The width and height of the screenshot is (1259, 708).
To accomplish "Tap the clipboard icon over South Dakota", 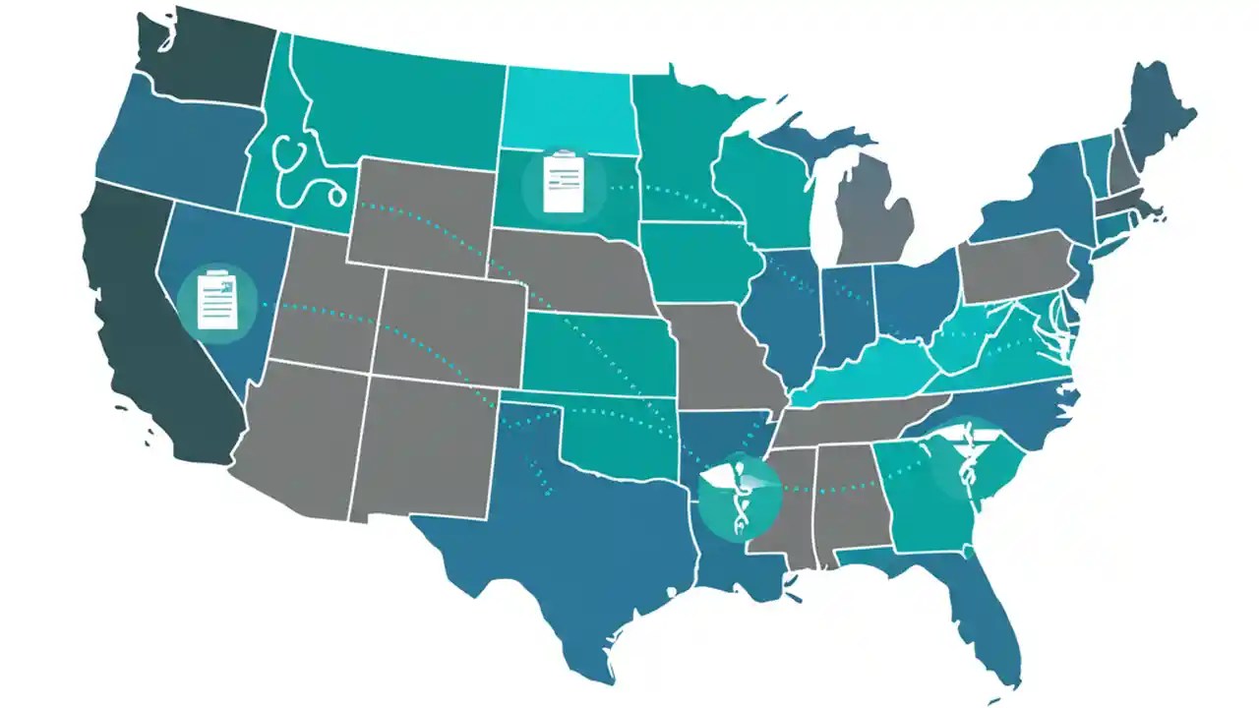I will (564, 183).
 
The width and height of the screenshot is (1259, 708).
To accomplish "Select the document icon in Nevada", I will (217, 301).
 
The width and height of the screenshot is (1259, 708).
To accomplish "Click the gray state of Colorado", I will (449, 324).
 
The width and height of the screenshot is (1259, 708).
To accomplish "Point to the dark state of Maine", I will (1156, 113).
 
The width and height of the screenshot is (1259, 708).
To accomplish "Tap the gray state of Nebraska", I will (570, 270).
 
